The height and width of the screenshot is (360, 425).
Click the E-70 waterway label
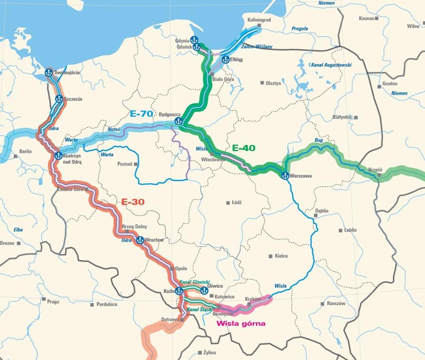(x=141, y=114)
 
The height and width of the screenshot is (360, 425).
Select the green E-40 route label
(x=243, y=148)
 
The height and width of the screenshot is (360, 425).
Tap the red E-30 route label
(x=133, y=202)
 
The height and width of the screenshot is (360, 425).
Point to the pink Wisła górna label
(x=241, y=323)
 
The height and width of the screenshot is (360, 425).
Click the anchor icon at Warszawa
(x=286, y=175)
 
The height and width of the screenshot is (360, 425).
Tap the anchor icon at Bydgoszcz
(x=178, y=121)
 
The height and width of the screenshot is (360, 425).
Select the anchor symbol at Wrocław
(x=140, y=240)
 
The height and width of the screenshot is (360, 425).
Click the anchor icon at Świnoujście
(x=49, y=73)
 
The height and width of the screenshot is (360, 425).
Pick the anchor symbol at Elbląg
(x=225, y=59)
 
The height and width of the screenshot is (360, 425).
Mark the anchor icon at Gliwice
(x=204, y=291)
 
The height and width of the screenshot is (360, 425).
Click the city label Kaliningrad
(x=259, y=20)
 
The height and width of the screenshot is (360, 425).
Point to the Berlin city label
(x=25, y=151)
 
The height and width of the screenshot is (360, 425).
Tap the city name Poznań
(x=125, y=164)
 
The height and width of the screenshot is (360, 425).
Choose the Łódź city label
(x=237, y=202)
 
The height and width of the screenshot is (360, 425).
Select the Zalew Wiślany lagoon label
(x=257, y=46)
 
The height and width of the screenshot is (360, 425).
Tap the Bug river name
(x=318, y=140)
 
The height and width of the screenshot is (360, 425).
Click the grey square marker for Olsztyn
(x=263, y=83)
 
